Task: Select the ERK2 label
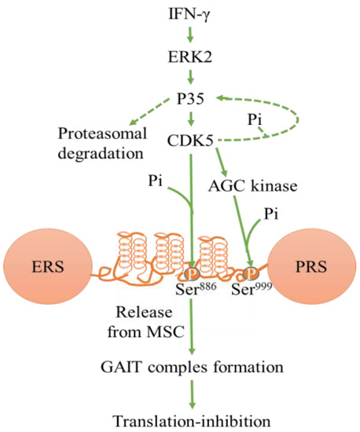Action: coord(191,57)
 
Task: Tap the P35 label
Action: coord(191,101)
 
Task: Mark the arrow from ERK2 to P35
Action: coord(191,79)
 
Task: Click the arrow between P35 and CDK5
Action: coord(191,121)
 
